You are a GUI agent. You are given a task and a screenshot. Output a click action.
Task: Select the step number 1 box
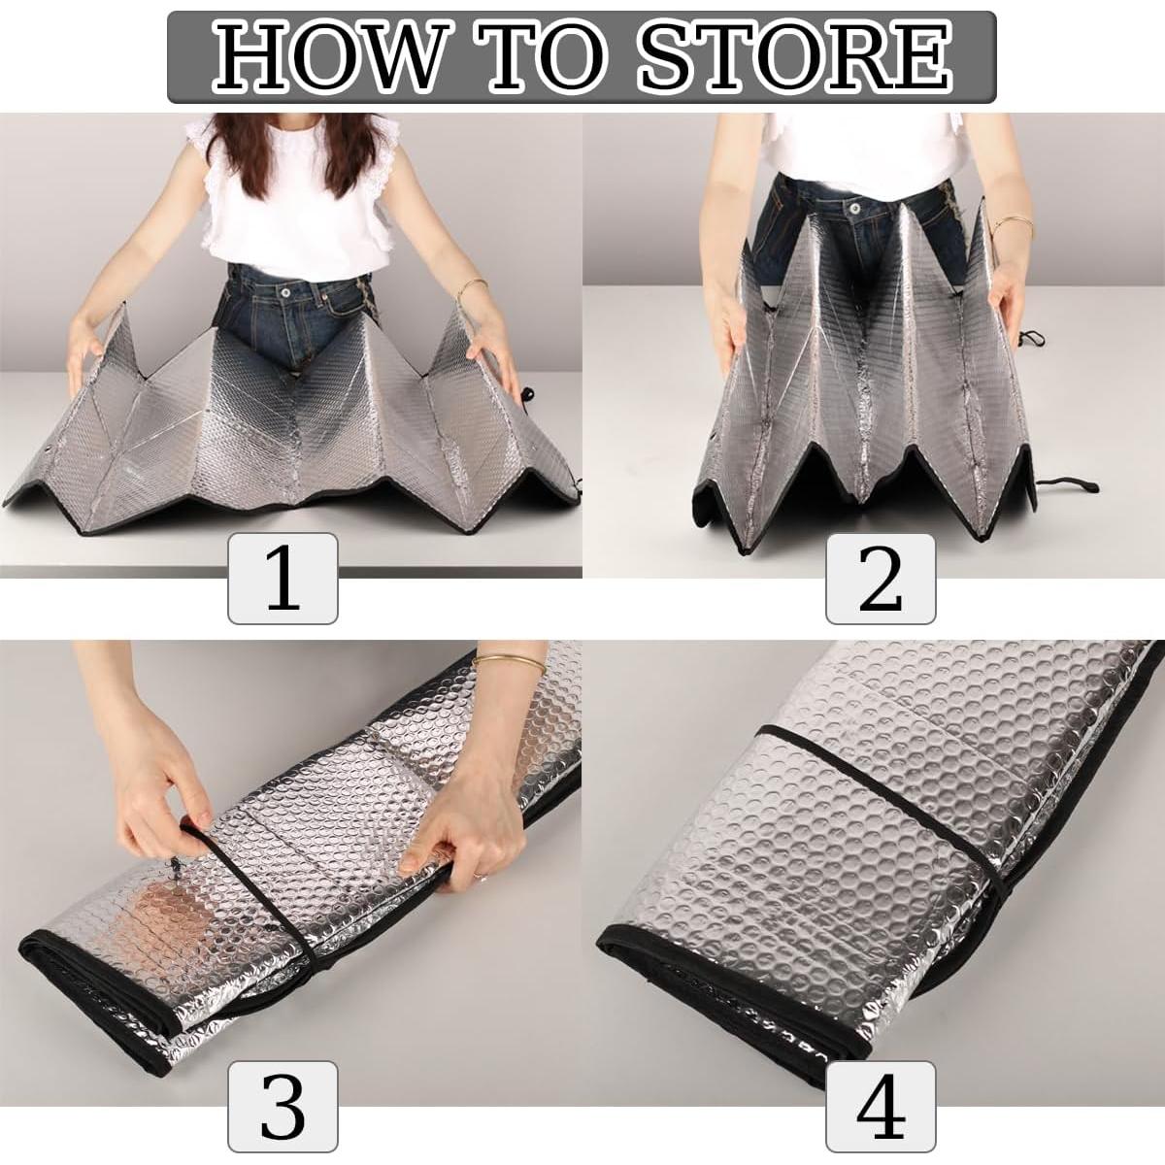(283, 579)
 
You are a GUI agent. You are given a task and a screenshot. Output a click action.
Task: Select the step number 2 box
(881, 579)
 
